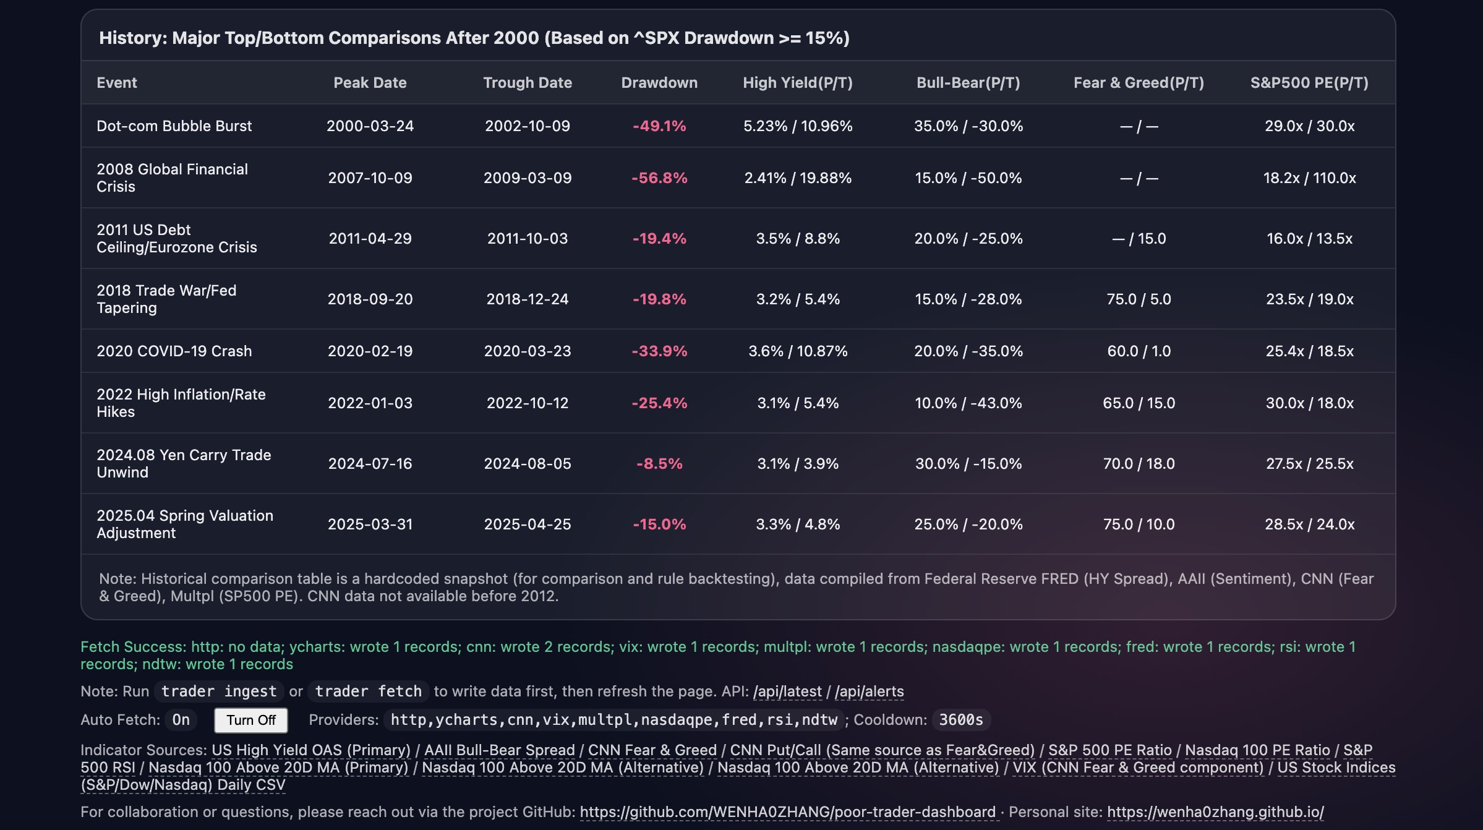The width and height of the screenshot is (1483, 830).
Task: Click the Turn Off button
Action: (250, 720)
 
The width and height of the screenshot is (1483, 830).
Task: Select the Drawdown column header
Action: (659, 83)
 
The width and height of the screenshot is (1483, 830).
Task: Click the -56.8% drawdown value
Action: (659, 178)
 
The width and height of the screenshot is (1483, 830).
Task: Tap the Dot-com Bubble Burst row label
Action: (174, 126)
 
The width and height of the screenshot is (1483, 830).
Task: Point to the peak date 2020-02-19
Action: (370, 351)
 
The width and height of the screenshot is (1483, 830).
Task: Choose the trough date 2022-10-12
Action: (528, 403)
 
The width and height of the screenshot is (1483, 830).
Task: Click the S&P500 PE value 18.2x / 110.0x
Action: (1309, 178)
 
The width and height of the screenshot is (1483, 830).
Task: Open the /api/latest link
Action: (787, 691)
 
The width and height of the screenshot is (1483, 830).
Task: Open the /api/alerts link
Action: (870, 691)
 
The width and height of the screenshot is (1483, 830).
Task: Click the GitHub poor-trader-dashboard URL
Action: (788, 812)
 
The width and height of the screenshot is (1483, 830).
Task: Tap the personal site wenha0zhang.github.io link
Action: (1215, 812)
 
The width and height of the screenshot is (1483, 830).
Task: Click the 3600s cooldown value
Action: (961, 720)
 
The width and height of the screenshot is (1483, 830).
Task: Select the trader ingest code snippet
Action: (219, 691)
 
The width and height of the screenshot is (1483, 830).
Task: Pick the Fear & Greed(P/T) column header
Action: (1139, 83)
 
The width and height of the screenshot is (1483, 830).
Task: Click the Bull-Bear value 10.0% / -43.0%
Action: (968, 403)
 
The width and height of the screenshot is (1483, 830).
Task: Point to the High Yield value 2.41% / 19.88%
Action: (798, 178)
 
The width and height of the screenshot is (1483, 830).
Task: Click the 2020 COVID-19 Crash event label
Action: (174, 351)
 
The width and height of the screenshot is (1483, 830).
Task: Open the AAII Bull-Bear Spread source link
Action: (500, 750)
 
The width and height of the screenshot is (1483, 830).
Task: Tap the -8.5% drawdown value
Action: (659, 464)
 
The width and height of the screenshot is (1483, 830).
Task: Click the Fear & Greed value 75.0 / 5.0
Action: (1139, 299)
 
